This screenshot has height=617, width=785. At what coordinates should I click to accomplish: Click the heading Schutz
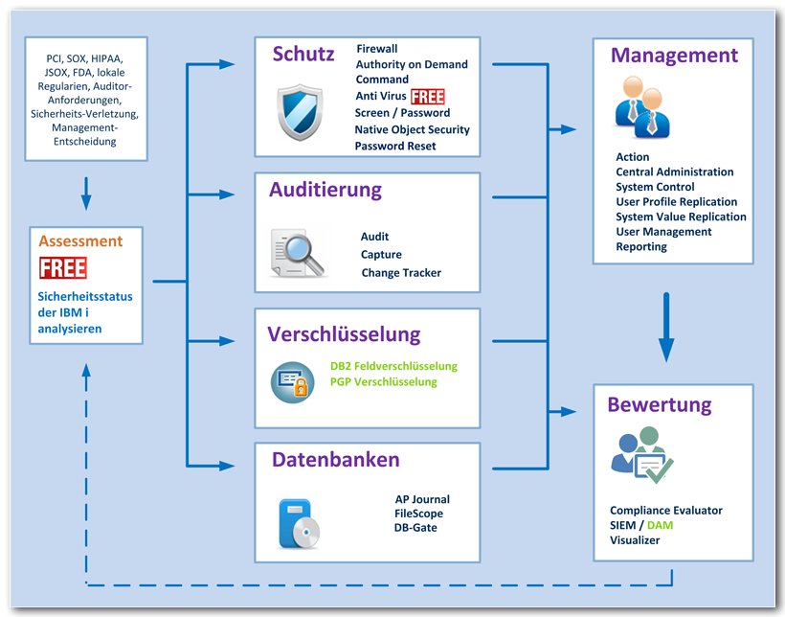click(x=303, y=54)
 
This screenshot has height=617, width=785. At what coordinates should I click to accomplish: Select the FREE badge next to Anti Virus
click(x=428, y=97)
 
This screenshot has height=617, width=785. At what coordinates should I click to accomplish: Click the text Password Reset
click(x=394, y=146)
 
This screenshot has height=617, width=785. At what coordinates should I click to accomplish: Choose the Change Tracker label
click(x=400, y=273)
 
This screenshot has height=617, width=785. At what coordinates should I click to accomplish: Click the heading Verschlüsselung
click(x=344, y=334)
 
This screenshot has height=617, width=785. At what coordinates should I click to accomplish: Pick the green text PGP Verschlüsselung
click(x=383, y=381)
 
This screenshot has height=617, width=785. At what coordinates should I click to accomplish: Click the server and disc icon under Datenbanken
click(x=298, y=523)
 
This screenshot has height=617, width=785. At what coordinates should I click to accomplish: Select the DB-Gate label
click(x=415, y=527)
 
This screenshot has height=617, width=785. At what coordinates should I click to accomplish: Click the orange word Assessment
click(x=81, y=241)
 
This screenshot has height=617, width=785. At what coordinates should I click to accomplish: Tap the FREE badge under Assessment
click(x=63, y=267)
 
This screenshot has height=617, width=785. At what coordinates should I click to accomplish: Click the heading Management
click(x=674, y=56)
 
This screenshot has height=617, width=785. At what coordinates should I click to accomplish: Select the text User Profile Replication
click(x=676, y=202)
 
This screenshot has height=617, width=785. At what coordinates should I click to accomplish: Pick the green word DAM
click(x=661, y=525)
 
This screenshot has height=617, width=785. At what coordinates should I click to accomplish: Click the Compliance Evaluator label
click(x=665, y=511)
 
